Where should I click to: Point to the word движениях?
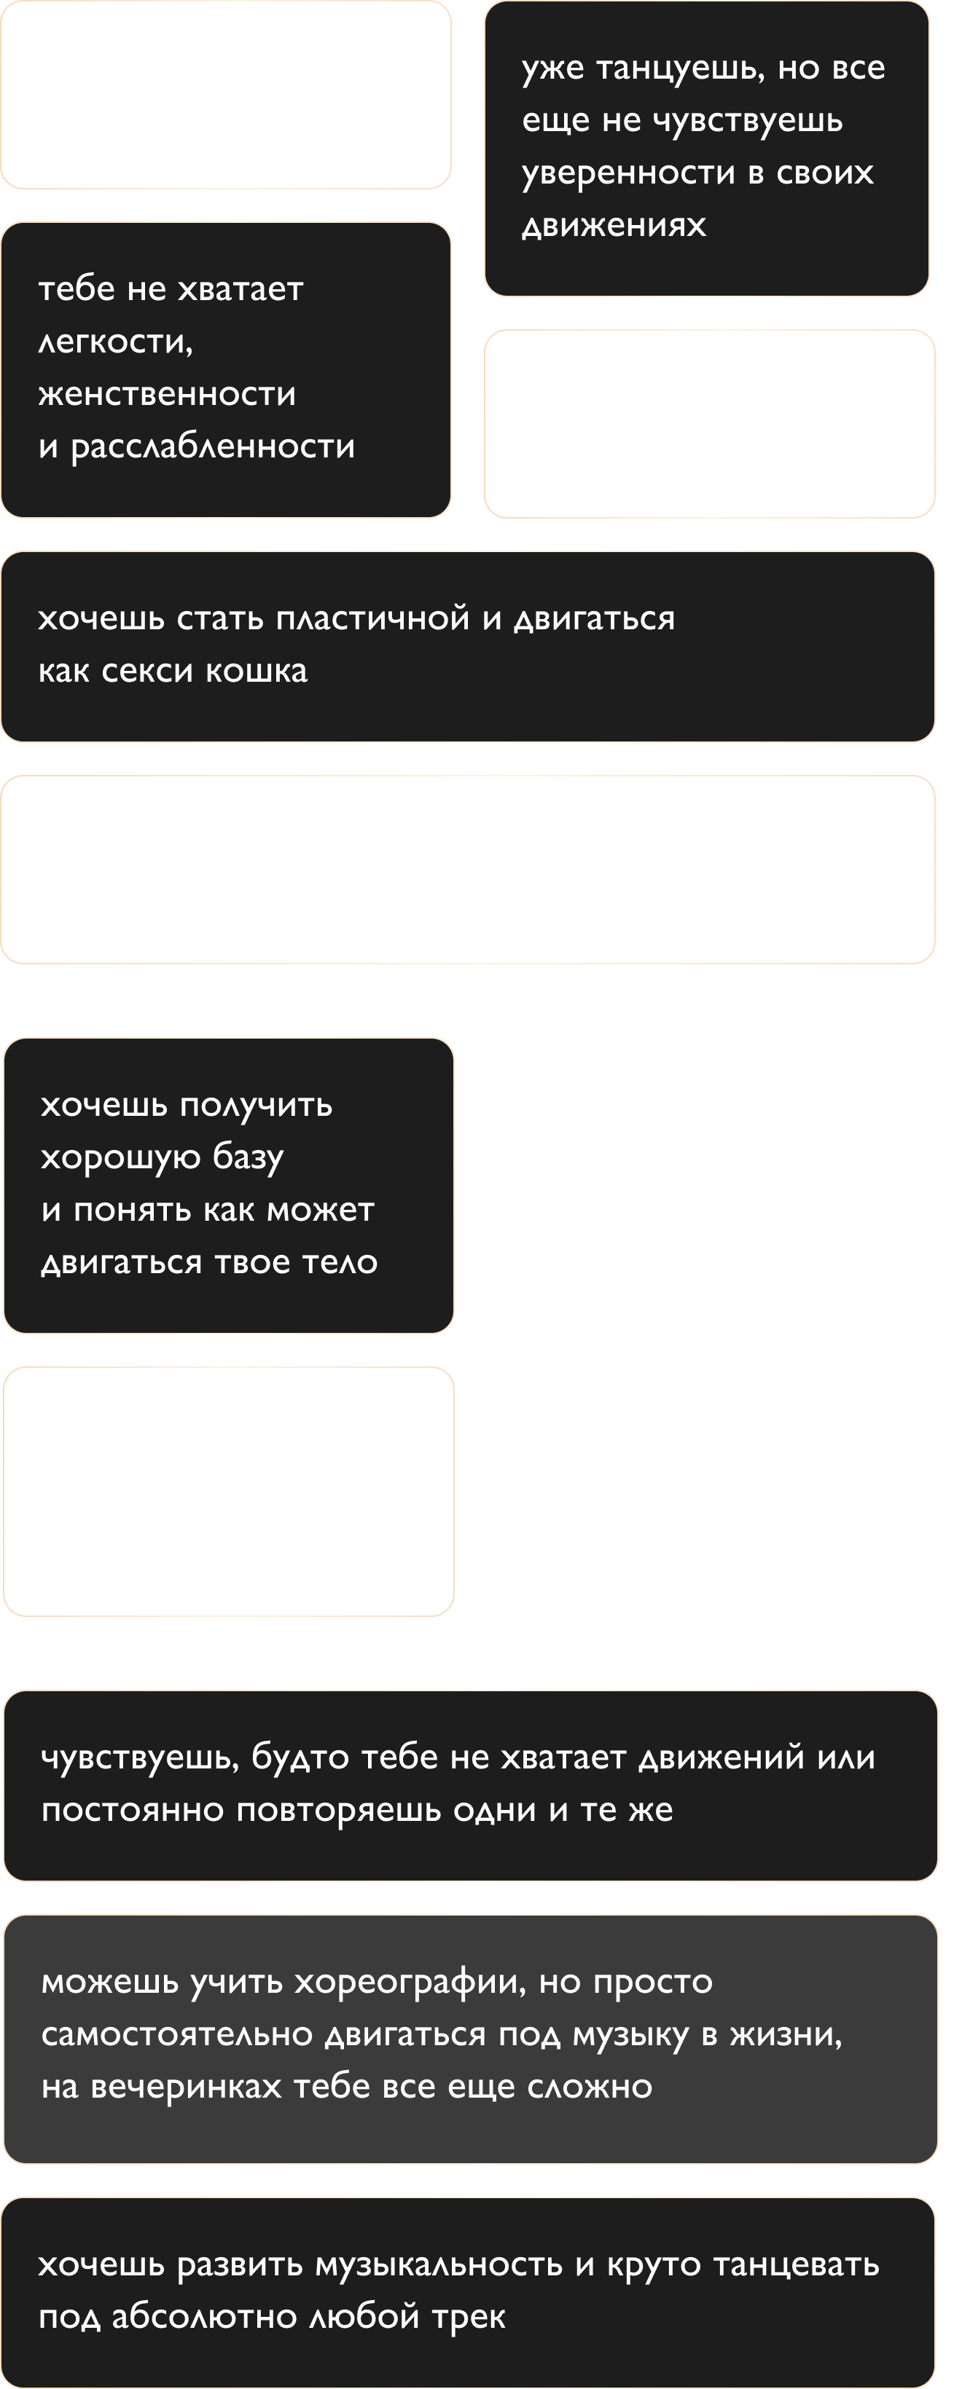pyautogui.click(x=614, y=225)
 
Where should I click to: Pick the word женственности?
pyautogui.click(x=167, y=394)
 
